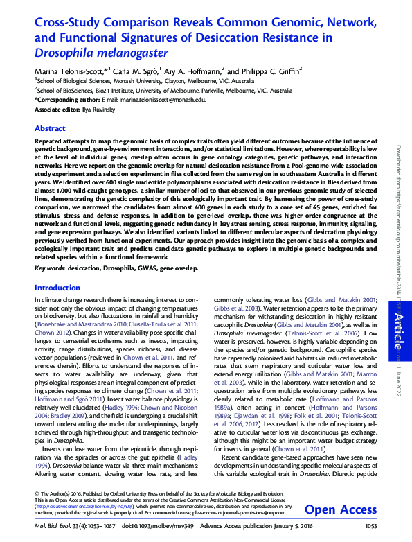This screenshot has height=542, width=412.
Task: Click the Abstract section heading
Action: [x=50, y=129]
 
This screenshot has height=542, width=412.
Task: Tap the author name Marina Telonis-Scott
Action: [x=69, y=71]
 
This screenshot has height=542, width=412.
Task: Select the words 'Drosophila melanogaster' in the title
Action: [x=102, y=52]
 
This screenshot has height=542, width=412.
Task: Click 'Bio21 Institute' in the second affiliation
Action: [x=100, y=90]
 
